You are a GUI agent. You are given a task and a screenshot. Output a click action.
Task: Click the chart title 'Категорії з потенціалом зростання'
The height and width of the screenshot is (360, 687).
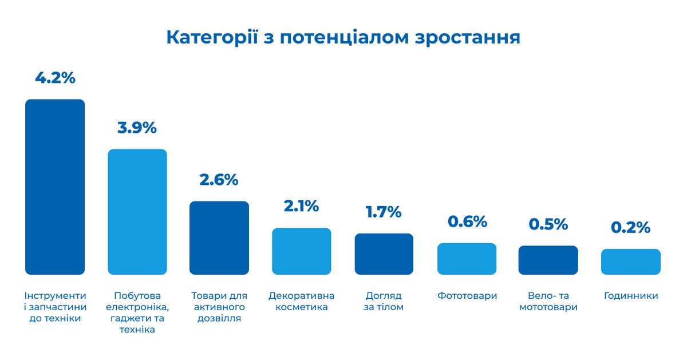[343, 37]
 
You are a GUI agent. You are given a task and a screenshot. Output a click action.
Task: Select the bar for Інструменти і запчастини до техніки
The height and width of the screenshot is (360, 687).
[55, 187]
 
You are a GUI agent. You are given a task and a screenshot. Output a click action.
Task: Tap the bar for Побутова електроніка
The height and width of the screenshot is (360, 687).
[137, 212]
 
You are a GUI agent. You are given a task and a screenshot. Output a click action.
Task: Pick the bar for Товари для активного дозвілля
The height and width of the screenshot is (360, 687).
[219, 238]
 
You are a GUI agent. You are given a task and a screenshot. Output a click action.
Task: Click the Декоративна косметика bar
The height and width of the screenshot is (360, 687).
[301, 251]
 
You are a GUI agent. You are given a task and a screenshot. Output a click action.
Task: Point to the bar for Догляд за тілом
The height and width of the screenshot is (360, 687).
[384, 254]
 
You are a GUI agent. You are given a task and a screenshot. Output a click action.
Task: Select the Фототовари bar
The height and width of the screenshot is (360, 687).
[467, 259]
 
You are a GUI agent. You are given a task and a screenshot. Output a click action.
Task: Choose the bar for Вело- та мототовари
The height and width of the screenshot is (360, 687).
[548, 260]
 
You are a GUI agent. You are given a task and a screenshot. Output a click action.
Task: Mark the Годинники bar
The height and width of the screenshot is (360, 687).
[630, 262]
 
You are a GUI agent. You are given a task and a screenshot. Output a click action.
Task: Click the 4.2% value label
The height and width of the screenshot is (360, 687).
[55, 78]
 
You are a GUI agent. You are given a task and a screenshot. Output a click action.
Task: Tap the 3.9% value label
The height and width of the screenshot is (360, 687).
[137, 128]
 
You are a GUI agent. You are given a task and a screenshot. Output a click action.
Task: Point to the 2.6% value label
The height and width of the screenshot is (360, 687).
[219, 179]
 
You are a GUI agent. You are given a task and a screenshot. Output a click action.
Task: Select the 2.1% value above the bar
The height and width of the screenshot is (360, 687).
[301, 206]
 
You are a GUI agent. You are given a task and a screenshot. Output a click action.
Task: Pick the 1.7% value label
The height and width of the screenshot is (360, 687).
[384, 212]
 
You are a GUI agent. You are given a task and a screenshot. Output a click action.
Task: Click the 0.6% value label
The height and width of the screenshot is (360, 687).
[467, 221]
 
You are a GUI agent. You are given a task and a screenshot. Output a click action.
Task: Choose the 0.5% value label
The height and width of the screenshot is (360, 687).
[548, 224]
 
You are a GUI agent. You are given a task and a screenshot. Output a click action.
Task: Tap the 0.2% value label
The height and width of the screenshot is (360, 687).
[630, 227]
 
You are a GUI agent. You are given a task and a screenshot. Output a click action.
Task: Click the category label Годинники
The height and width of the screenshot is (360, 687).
[631, 296]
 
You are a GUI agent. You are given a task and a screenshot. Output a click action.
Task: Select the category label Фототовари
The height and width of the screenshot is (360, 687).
[467, 296]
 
